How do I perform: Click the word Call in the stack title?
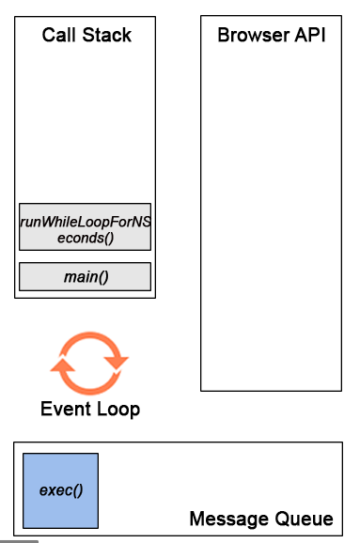click(58, 36)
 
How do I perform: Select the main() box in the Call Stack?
click(85, 276)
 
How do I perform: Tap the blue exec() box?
click(60, 491)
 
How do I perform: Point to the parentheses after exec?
click(76, 491)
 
